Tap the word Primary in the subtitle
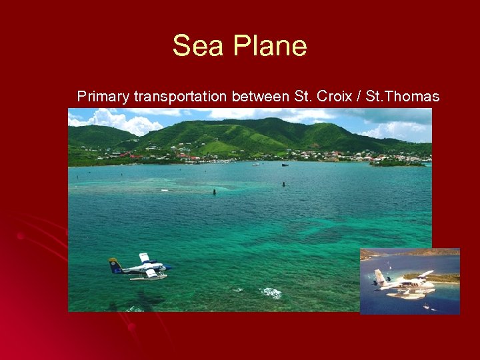[x=103, y=97]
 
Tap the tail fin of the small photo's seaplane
[x=379, y=275]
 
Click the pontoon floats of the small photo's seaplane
[x=407, y=293]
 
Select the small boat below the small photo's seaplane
[x=426, y=306]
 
